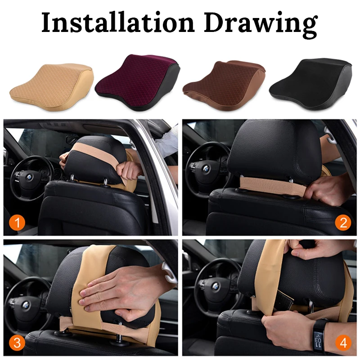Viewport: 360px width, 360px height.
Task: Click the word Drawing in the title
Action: pyautogui.click(x=261, y=25)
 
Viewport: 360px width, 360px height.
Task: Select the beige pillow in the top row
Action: pyautogui.click(x=52, y=87)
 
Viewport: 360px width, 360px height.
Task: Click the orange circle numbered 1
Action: pyautogui.click(x=17, y=222)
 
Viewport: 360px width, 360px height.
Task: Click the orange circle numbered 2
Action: pyautogui.click(x=343, y=222)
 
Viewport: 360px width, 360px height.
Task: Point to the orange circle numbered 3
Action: pyautogui.click(x=17, y=343)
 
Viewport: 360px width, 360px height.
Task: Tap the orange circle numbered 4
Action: pyautogui.click(x=343, y=343)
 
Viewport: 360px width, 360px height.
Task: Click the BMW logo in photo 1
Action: pyautogui.click(x=29, y=177)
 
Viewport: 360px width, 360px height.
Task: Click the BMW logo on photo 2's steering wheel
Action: pyautogui.click(x=206, y=169)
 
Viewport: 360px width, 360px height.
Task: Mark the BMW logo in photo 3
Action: pyautogui.click(x=26, y=305)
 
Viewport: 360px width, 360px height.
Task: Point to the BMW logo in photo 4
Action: pyautogui.click(x=215, y=286)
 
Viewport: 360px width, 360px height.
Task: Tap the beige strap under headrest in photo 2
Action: pyautogui.click(x=273, y=186)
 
